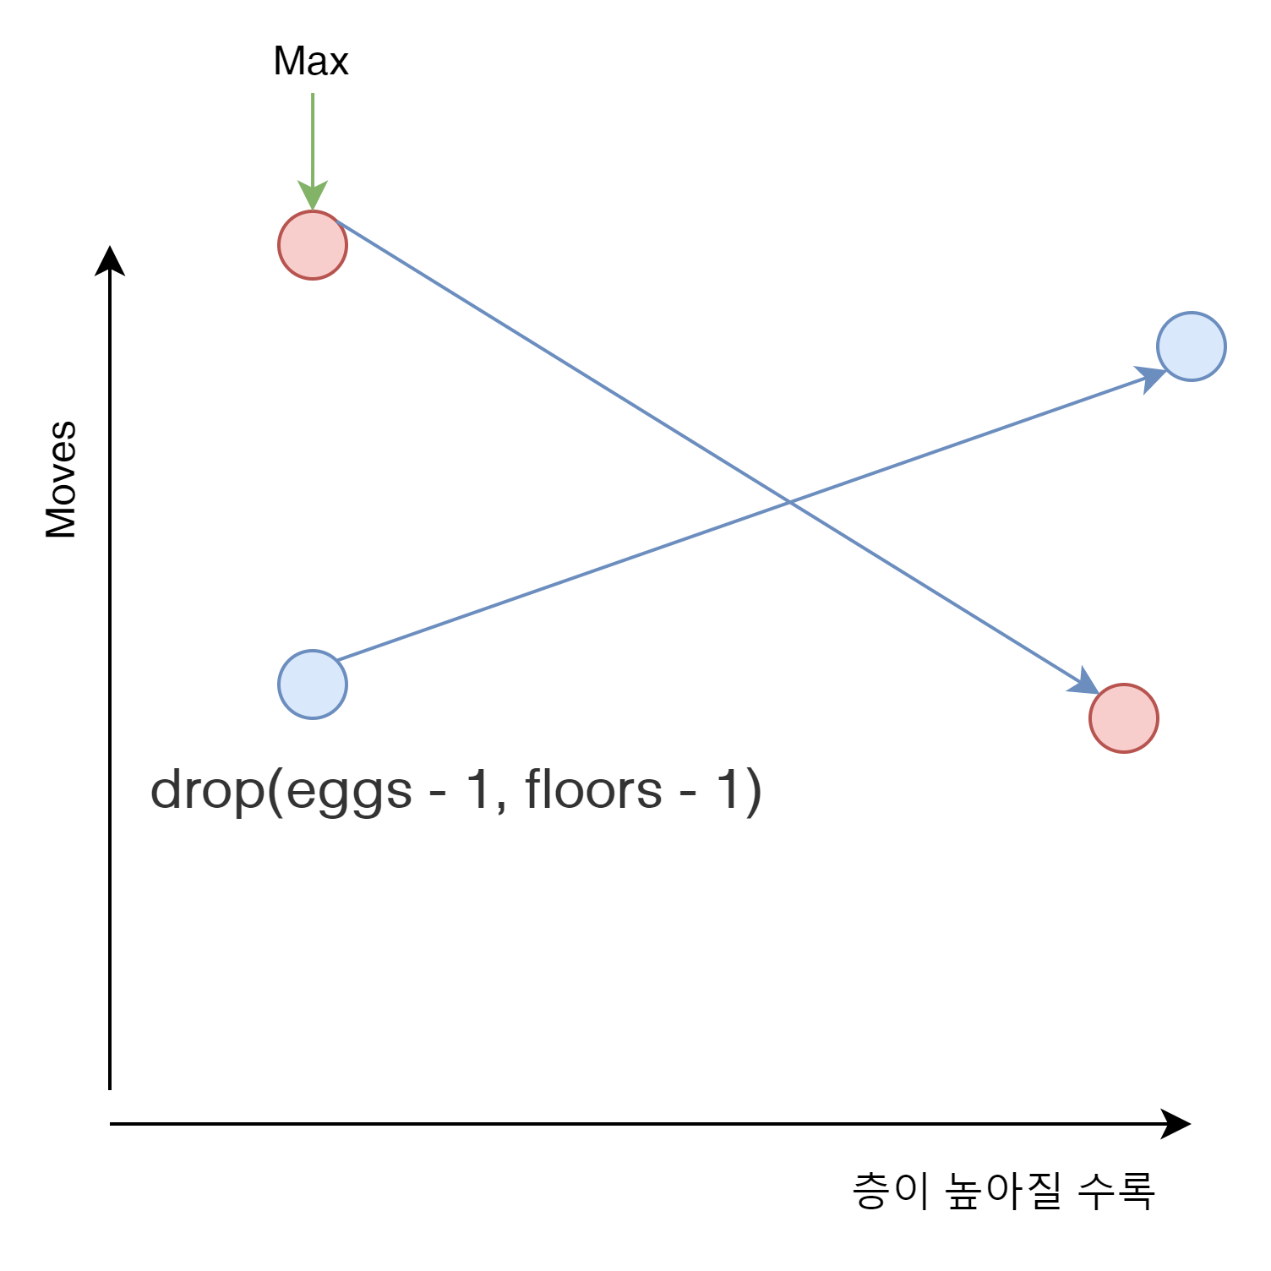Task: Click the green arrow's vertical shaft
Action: (x=314, y=135)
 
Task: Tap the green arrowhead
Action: (x=313, y=195)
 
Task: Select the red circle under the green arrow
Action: (x=313, y=245)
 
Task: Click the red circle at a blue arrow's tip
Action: (x=1123, y=718)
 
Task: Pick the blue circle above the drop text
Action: (x=313, y=685)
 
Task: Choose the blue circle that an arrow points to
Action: (x=1191, y=346)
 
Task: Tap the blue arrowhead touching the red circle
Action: (x=1084, y=682)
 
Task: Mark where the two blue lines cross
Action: (x=788, y=502)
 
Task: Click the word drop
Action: (x=206, y=791)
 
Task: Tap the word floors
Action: (x=593, y=790)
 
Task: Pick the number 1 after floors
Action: (x=728, y=790)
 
